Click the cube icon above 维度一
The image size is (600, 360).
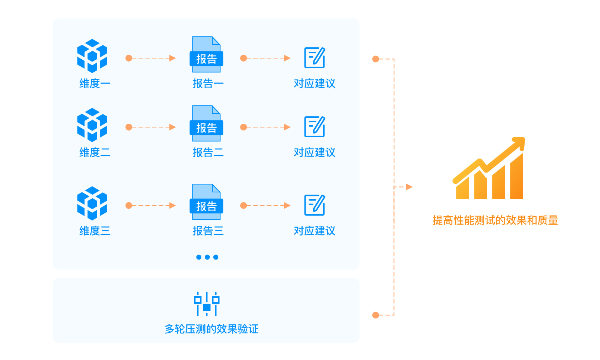[92, 56]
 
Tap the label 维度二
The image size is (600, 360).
[94, 152]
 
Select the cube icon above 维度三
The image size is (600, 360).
[92, 203]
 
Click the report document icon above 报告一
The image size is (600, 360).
[206, 55]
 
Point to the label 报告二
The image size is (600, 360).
[208, 152]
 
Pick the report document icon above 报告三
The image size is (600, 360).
[206, 202]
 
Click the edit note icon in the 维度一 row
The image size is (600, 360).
[315, 57]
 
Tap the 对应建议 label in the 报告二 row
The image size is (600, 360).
[314, 152]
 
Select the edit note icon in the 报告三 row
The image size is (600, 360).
[315, 205]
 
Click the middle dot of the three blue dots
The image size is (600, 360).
[207, 257]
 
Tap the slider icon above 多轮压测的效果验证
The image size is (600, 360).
[207, 303]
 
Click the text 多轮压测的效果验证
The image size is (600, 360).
[211, 329]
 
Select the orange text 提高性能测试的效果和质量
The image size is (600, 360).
[495, 220]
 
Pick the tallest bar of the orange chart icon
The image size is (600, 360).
[516, 177]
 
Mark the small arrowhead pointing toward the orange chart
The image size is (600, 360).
[409, 187]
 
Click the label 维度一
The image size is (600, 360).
[94, 83]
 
